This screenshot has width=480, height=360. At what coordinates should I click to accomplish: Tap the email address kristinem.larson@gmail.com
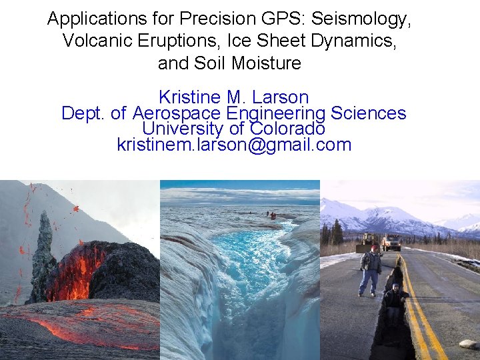(x=234, y=144)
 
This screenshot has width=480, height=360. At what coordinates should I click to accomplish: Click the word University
(x=181, y=128)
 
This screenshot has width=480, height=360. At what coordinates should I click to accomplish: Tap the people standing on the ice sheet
(x=271, y=215)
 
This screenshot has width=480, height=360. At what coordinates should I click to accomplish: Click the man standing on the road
(x=370, y=269)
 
